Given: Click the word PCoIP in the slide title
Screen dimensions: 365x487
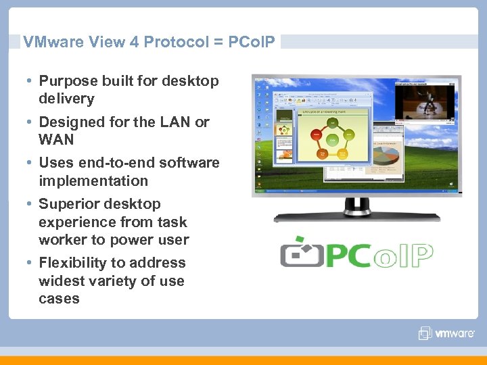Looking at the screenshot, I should tap(251, 42).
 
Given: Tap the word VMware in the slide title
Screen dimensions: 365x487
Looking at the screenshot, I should tap(51, 42).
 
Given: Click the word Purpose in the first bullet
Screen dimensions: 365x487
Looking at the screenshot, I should tap(68, 81).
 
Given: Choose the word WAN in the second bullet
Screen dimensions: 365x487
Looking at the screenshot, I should tap(56, 140).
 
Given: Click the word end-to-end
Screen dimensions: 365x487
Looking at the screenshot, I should tap(129, 163).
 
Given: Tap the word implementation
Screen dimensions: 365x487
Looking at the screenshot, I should tap(93, 181).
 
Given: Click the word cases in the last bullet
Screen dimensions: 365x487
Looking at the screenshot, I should tap(59, 299).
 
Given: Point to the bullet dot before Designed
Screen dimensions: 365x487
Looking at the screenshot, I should tap(31, 122).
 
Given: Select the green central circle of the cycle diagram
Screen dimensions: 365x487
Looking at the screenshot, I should tap(333, 140).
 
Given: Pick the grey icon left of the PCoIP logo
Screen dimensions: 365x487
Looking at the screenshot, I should tap(301, 253).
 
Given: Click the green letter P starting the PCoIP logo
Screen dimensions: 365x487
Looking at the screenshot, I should tap(342, 255).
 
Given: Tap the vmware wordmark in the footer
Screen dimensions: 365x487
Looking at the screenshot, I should tap(456, 333).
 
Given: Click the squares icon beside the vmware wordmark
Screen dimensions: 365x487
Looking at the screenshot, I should tap(425, 333).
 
